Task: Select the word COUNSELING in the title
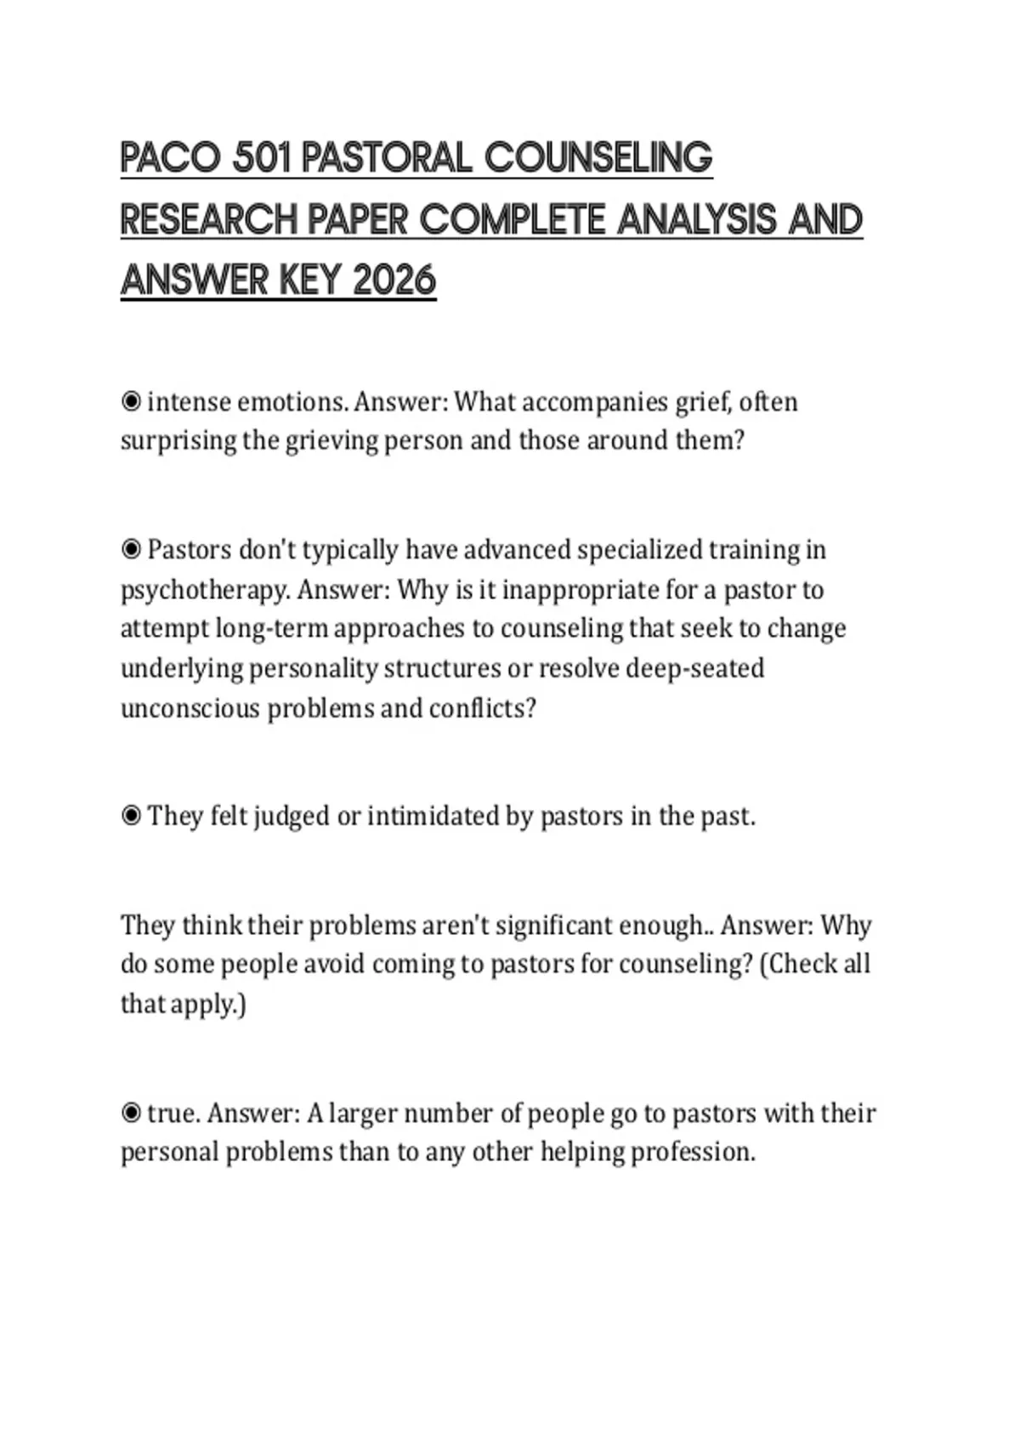point(598,158)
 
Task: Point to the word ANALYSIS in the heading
point(697,219)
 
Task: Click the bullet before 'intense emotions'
point(131,401)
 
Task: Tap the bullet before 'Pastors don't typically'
point(131,550)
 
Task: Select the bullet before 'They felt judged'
point(131,816)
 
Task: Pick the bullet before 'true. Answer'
point(131,1113)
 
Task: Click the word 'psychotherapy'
point(203,590)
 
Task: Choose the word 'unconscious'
point(190,708)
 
